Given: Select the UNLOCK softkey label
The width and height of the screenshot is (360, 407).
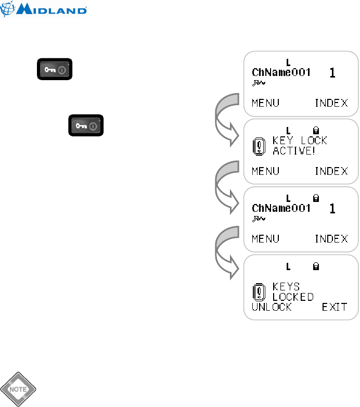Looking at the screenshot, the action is (x=272, y=307).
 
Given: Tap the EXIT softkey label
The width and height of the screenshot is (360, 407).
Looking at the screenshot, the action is (x=334, y=307).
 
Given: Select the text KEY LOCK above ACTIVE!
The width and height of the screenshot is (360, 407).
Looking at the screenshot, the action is (x=300, y=141).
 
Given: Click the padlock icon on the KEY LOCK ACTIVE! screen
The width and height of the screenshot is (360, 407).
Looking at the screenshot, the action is (x=315, y=129).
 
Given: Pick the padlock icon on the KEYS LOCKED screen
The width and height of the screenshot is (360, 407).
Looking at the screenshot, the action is (x=315, y=266).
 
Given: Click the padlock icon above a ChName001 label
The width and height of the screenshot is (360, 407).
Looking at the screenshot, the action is (x=315, y=198).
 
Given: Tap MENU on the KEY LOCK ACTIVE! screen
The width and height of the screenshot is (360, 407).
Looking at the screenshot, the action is (x=265, y=171).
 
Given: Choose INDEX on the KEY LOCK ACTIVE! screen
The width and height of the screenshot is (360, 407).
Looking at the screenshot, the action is (x=331, y=171).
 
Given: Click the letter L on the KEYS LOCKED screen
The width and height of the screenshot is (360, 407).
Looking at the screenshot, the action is (x=288, y=266).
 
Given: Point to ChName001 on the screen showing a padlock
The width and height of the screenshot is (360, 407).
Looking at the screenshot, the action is (x=281, y=208).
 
